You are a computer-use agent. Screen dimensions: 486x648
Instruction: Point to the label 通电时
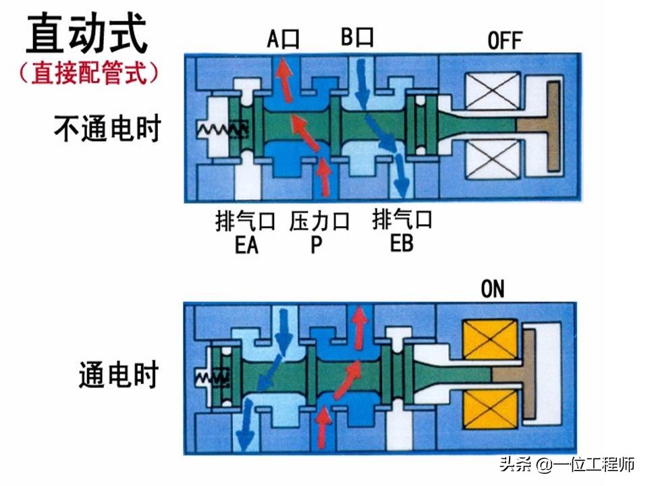click(x=118, y=374)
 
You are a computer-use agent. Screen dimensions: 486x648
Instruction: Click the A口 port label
click(x=283, y=38)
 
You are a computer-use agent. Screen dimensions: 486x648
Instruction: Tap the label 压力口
click(x=320, y=221)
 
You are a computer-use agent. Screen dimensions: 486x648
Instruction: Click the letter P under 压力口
click(x=317, y=244)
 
